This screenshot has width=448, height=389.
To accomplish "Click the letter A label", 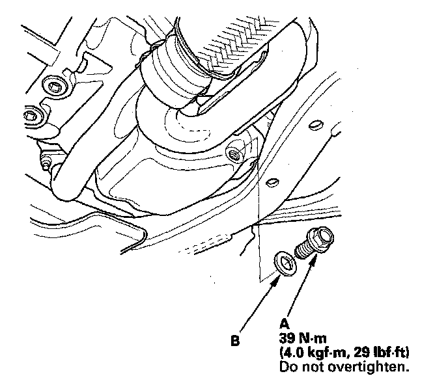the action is (x=285, y=325).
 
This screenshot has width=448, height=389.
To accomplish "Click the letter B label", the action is (x=235, y=341).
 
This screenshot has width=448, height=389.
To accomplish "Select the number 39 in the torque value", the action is (x=287, y=338).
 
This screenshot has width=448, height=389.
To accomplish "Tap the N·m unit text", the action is (x=313, y=338).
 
